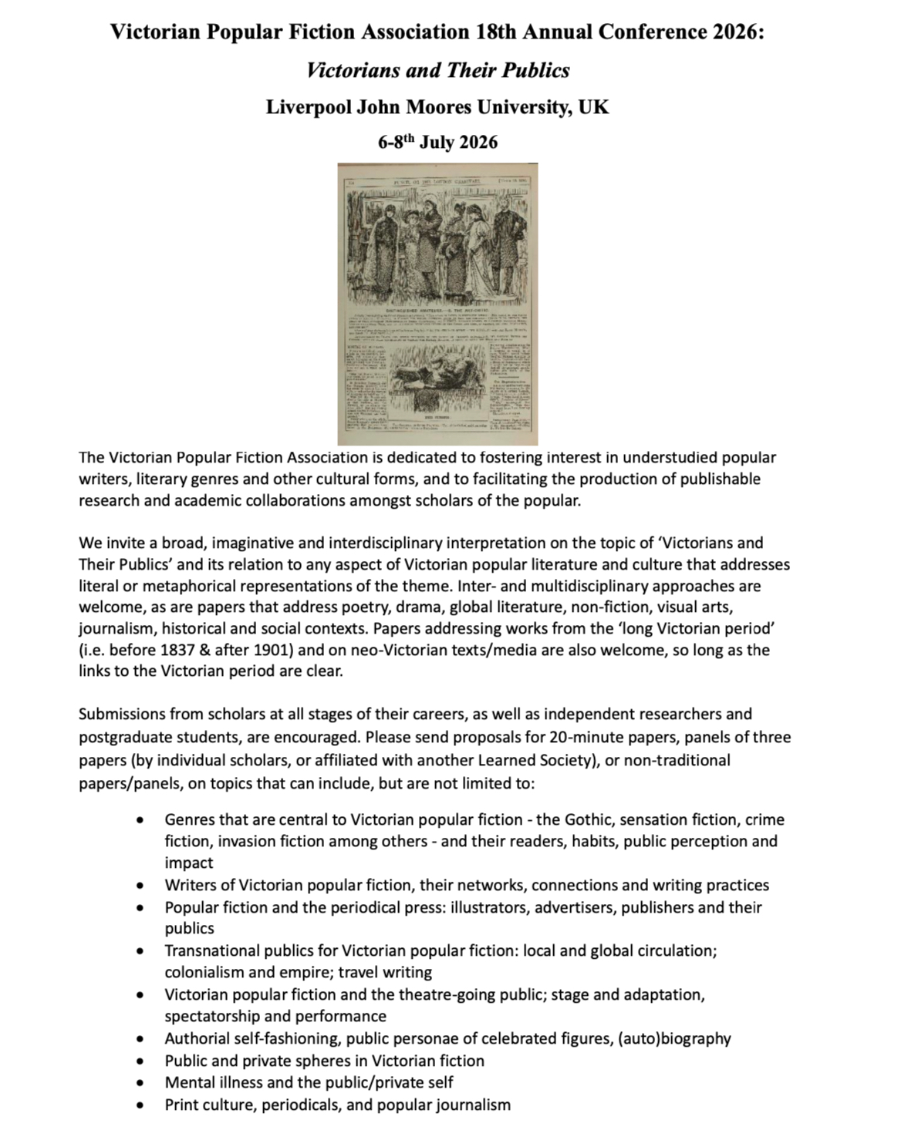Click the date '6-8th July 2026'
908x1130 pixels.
click(x=437, y=142)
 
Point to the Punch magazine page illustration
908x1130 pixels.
click(x=437, y=304)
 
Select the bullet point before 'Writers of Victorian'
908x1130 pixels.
click(x=140, y=886)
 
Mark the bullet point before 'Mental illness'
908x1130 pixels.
click(x=140, y=1083)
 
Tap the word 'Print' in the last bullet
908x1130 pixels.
click(x=181, y=1105)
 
